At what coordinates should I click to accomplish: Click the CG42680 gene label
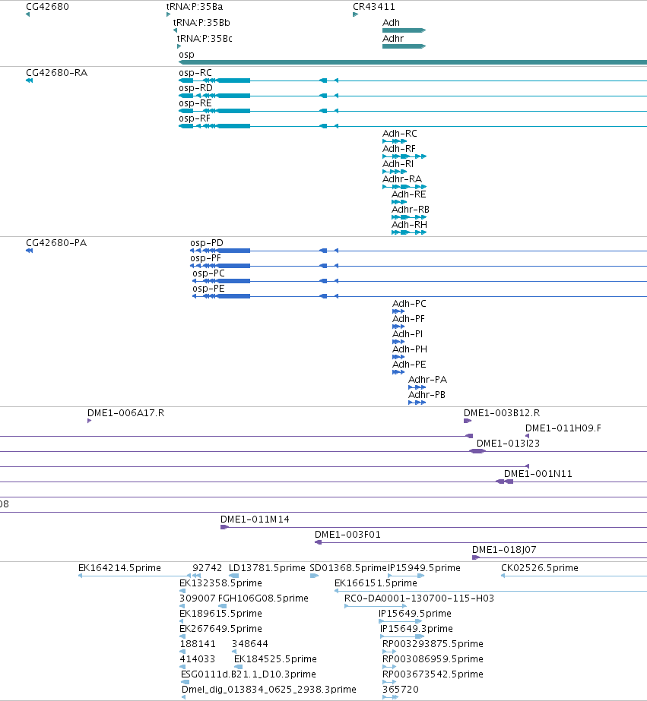point(47,7)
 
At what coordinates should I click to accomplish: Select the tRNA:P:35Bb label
point(201,22)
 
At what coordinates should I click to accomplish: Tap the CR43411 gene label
point(373,7)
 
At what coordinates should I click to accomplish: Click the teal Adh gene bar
point(404,30)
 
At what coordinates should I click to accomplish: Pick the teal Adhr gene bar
point(404,46)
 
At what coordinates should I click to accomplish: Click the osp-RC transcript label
point(195,73)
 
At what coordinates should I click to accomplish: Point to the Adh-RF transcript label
point(398,148)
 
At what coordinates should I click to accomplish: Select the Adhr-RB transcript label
point(411,209)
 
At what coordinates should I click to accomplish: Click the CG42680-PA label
point(56,243)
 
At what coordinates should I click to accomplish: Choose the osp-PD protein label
point(206,243)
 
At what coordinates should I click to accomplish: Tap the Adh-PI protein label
point(408,334)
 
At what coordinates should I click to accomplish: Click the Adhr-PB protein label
point(427,395)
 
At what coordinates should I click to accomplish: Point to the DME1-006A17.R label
point(125,413)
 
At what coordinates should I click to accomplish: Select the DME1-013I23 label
point(508,444)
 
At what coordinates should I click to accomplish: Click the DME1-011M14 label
point(255,519)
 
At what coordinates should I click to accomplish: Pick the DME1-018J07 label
point(504,550)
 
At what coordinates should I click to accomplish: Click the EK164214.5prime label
point(119,568)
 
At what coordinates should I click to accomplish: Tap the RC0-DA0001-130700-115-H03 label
point(419,598)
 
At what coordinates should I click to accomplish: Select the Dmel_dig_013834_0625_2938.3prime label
point(269,690)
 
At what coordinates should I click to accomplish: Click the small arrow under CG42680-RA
point(29,81)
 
